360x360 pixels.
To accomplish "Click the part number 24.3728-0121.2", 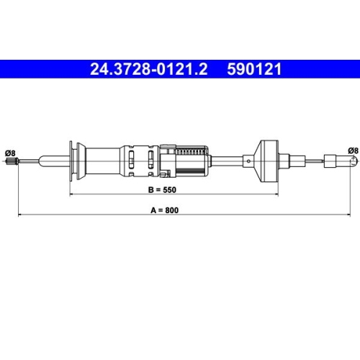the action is click(148, 69).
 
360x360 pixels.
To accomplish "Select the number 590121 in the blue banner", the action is click(254, 69).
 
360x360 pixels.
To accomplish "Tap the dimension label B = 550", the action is click(162, 190).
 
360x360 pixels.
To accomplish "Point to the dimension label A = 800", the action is click(165, 210).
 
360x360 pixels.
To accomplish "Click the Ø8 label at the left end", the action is click(10, 153).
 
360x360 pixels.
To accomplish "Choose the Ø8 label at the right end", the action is click(353, 150).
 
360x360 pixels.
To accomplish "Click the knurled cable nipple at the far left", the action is click(12, 161).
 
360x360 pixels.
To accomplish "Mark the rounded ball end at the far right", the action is click(354, 161).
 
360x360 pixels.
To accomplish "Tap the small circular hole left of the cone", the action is click(249, 161).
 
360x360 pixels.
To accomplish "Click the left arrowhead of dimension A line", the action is click(19, 215).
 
